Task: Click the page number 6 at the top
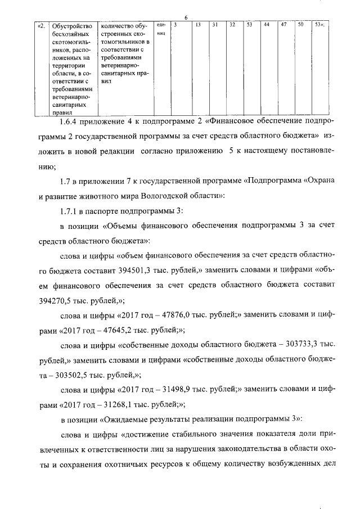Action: click(184, 17)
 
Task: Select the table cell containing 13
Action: click(199, 25)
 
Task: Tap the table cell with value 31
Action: click(215, 25)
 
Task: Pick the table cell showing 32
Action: click(232, 25)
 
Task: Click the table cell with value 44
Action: click(266, 25)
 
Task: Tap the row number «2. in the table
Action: click(41, 26)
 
